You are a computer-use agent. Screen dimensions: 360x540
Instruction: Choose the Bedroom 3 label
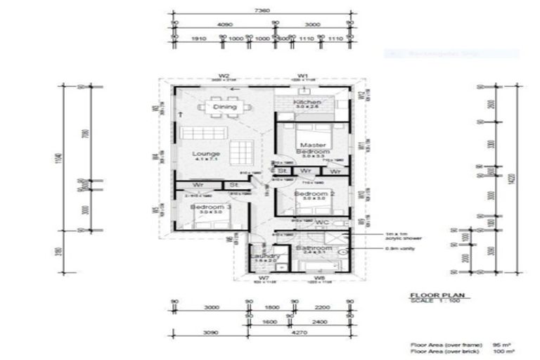[211, 208]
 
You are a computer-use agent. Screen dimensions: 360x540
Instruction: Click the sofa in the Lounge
[202, 133]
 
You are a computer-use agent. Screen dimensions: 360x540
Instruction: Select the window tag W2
[224, 75]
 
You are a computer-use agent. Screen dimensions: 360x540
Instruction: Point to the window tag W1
[303, 75]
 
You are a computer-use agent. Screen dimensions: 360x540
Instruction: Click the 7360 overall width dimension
[263, 11]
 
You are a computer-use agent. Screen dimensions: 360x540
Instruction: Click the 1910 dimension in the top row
[199, 39]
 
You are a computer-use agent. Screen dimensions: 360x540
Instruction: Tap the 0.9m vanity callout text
[384, 247]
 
